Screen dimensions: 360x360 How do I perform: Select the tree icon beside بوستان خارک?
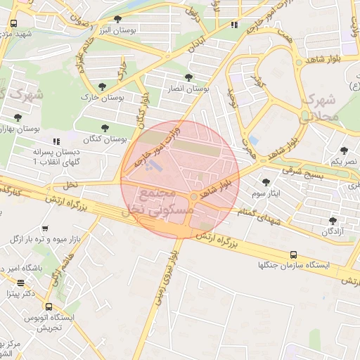(103, 86)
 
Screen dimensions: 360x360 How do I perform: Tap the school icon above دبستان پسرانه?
(56, 141)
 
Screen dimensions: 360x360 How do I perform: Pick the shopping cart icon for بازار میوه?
(46, 229)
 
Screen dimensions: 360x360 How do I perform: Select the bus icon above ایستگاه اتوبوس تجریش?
(48, 307)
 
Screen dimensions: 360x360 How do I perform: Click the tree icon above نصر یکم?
(344, 150)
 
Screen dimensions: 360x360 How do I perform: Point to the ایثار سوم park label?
(265, 192)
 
